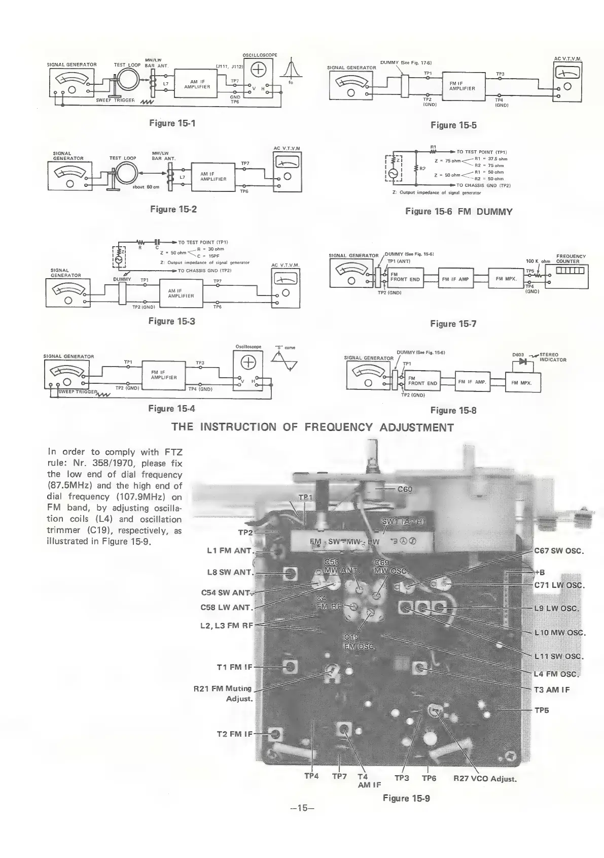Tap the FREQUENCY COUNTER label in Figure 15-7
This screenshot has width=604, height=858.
[x=571, y=259]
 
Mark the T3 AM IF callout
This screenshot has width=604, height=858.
[x=552, y=689]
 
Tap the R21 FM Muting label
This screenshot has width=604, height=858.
[x=223, y=689]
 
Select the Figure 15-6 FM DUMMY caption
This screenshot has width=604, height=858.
[x=458, y=212]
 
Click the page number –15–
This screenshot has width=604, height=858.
[x=302, y=808]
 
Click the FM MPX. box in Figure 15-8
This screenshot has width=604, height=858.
[x=523, y=382]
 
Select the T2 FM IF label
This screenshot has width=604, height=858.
[x=234, y=734]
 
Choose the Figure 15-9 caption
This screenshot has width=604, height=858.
[x=406, y=798]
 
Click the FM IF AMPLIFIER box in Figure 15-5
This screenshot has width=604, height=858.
[x=462, y=85]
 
